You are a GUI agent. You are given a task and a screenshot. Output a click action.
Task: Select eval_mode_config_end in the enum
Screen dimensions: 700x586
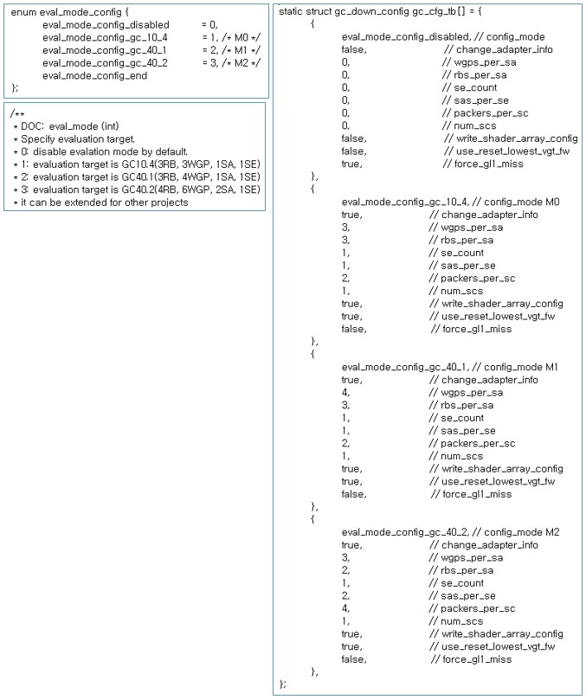pyautogui.click(x=94, y=75)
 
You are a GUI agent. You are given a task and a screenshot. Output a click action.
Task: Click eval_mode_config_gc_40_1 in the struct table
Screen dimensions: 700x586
pyautogui.click(x=395, y=367)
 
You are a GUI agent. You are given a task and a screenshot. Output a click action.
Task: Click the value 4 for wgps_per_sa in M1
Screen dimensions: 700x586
pyautogui.click(x=345, y=392)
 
